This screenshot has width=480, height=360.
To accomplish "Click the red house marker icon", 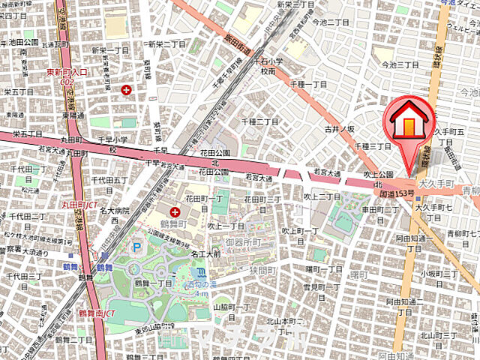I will click(409, 121).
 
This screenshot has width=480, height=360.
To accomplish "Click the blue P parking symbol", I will click(136, 247).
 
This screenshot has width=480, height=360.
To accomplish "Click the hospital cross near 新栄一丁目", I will click(126, 90).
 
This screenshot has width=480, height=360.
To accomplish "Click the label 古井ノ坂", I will click(339, 130).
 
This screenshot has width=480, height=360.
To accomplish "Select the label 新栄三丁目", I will click(274, 4).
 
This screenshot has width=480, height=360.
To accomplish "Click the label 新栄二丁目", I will click(169, 44).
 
